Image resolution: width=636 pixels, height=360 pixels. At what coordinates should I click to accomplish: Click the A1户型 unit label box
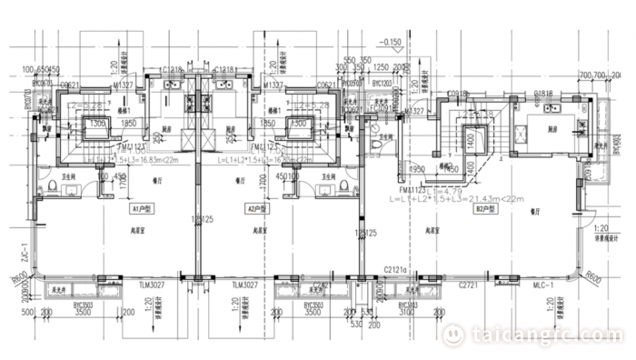point(140,207)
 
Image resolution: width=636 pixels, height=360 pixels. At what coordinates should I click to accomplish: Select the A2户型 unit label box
point(257,207)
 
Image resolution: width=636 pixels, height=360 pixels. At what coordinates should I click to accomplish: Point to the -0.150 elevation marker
point(392,42)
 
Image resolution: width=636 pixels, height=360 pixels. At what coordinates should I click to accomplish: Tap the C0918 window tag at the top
point(458,94)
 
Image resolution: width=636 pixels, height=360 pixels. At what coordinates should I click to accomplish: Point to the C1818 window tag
point(544,94)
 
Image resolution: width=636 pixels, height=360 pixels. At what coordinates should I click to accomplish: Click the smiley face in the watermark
point(452,335)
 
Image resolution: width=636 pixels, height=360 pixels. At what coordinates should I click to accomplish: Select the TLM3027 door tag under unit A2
point(245,285)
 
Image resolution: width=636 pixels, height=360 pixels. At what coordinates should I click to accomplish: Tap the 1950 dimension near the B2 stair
point(418,169)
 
